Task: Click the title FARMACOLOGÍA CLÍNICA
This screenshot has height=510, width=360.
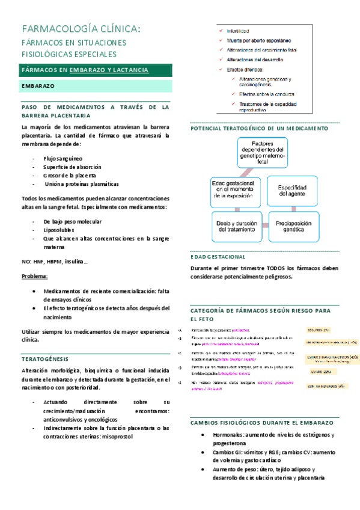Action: [82, 28]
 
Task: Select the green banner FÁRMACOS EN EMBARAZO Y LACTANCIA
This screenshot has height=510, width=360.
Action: [85, 70]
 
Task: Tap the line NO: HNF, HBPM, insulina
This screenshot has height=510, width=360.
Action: [55, 261]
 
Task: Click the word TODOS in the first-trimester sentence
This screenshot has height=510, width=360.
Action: [273, 268]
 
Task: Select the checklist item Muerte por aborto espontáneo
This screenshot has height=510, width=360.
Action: [258, 40]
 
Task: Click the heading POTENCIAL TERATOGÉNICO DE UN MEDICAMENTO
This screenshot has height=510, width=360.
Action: [259, 129]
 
